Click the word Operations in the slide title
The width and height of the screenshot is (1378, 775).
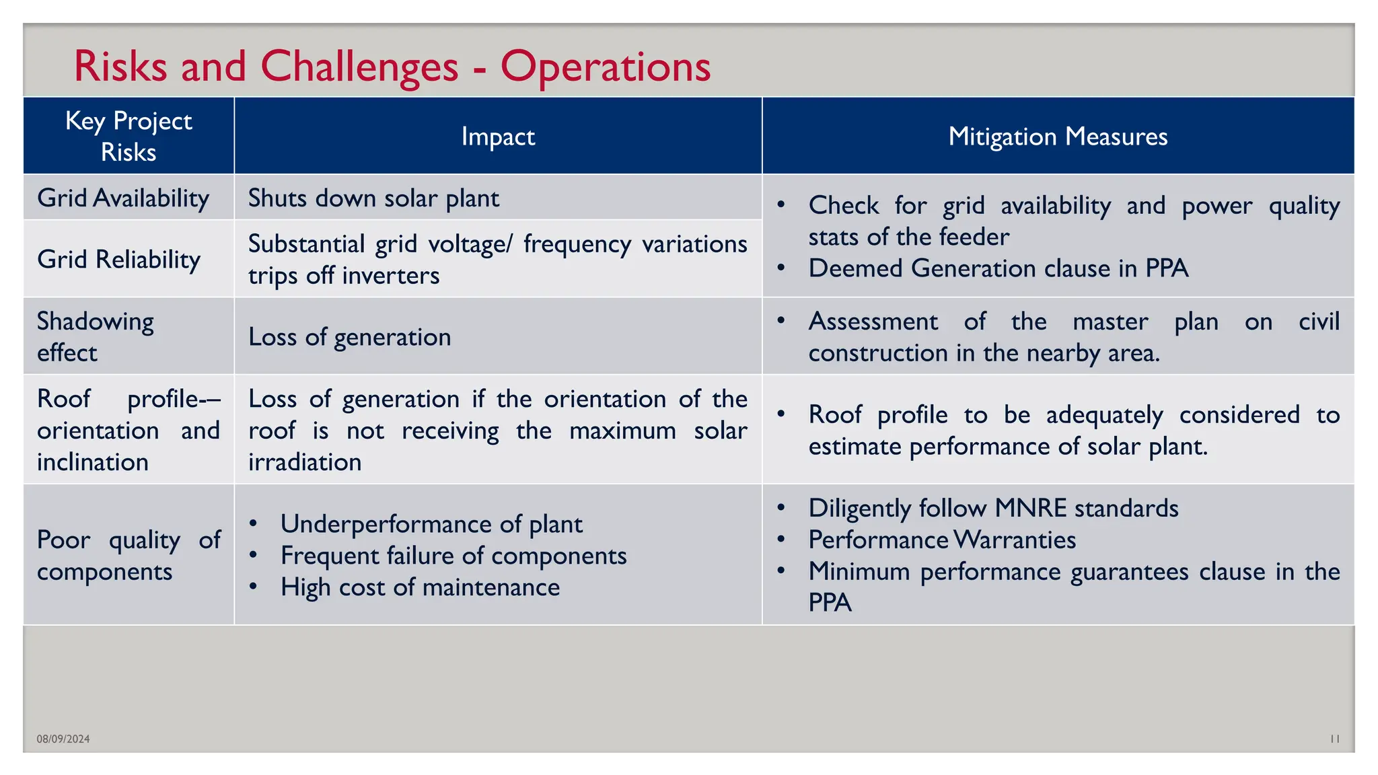pyautogui.click(x=605, y=67)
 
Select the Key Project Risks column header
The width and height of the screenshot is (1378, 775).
pyautogui.click(x=129, y=136)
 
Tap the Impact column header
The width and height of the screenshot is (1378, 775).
pyautogui.click(x=498, y=137)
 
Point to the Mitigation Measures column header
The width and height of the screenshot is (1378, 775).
pyautogui.click(x=1058, y=137)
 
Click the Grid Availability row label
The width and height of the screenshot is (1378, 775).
pyautogui.click(x=123, y=198)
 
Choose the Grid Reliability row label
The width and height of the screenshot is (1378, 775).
pyautogui.click(x=119, y=260)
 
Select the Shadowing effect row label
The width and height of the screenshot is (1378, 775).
pyautogui.click(x=95, y=336)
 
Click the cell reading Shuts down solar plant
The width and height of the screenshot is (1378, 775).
pyautogui.click(x=373, y=198)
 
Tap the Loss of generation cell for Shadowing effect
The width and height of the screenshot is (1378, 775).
pyautogui.click(x=349, y=337)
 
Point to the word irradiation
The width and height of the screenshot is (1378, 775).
pyautogui.click(x=305, y=462)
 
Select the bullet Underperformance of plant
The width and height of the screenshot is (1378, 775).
pyautogui.click(x=431, y=524)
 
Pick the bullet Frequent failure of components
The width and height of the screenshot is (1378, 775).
pyautogui.click(x=454, y=556)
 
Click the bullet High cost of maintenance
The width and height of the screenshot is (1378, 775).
pyautogui.click(x=420, y=587)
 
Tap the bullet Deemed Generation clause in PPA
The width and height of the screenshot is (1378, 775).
pyautogui.click(x=999, y=268)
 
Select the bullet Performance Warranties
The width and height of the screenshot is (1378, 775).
pyautogui.click(x=942, y=540)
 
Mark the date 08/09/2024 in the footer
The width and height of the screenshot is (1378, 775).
pyautogui.click(x=63, y=739)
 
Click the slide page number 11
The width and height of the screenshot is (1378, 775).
pyautogui.click(x=1335, y=739)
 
